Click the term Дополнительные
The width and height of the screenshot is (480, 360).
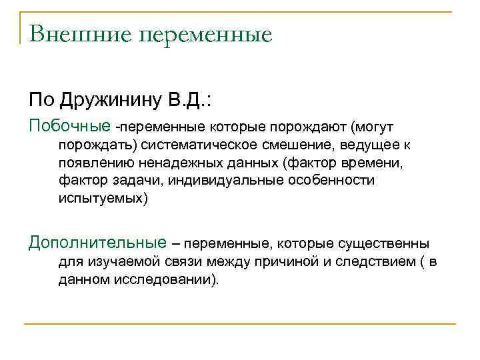pos(97,243)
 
